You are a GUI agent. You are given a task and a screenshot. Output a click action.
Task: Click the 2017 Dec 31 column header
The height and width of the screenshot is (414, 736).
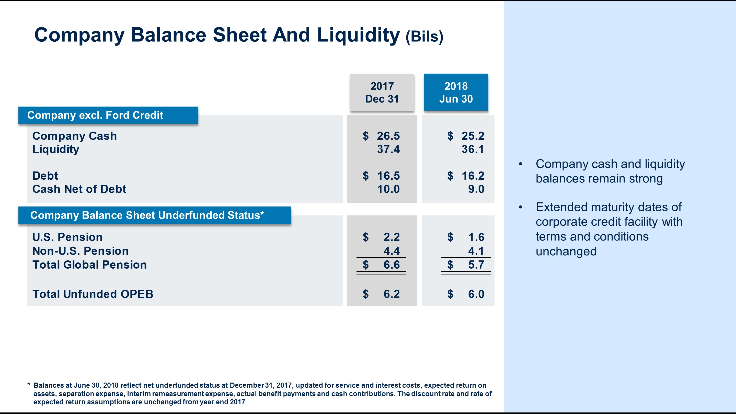click(x=382, y=92)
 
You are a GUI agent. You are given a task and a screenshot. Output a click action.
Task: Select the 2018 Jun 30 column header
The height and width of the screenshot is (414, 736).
click(x=456, y=92)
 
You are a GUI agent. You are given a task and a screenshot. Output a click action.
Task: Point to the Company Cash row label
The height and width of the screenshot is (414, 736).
click(x=75, y=136)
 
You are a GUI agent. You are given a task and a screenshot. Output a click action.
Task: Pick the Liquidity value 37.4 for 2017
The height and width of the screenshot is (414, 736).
click(x=388, y=149)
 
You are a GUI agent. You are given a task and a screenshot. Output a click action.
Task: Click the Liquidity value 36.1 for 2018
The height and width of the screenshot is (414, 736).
click(x=473, y=149)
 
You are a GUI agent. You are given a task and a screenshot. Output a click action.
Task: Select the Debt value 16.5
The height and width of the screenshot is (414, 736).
click(x=388, y=176)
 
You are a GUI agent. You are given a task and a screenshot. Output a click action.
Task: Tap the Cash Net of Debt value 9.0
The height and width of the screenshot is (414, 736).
click(x=476, y=189)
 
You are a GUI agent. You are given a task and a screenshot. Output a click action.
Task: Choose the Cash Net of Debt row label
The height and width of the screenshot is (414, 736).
click(x=79, y=189)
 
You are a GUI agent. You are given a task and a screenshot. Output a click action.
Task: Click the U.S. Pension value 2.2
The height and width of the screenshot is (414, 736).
click(x=392, y=237)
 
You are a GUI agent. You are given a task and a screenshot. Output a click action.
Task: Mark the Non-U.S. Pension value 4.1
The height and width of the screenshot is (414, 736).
click(x=476, y=251)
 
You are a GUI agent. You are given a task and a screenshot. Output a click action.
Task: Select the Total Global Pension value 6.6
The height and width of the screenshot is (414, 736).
click(x=392, y=265)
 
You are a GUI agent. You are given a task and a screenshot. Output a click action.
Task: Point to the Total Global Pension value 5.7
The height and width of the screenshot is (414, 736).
click(x=476, y=265)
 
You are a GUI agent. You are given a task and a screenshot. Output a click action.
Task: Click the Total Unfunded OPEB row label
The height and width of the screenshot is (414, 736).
click(x=93, y=294)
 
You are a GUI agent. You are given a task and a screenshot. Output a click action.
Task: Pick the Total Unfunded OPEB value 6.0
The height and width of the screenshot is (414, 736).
click(x=476, y=294)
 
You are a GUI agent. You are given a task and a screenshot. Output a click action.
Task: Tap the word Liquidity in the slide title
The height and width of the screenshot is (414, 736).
click(x=358, y=35)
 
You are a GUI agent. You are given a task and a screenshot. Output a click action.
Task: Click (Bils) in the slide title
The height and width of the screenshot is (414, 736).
click(x=424, y=37)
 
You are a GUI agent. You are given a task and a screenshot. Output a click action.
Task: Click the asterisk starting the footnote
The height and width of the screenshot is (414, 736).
click(x=29, y=385)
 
